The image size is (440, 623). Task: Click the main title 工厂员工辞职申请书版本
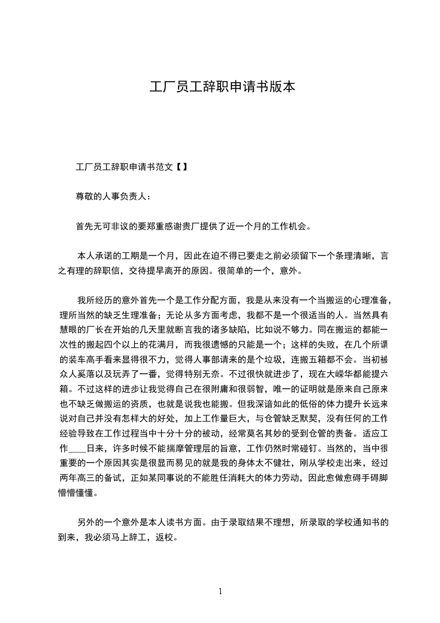[220, 87]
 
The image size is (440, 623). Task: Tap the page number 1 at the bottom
[220, 591]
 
